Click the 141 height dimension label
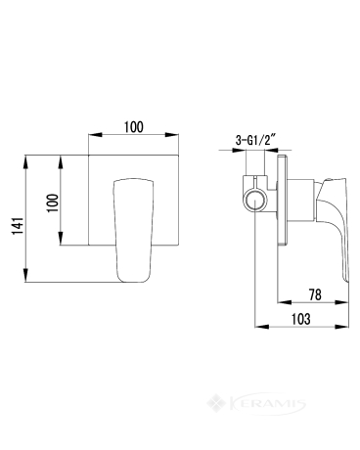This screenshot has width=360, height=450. [18, 225]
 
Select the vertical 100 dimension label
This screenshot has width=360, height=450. [53, 202]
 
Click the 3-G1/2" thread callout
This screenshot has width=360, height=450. [255, 141]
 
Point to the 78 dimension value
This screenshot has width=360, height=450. [315, 294]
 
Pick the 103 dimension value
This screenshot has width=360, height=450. [300, 319]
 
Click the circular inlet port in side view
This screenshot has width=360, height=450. [255, 201]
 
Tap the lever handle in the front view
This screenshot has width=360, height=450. [133, 230]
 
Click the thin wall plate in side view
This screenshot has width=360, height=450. [282, 200]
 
